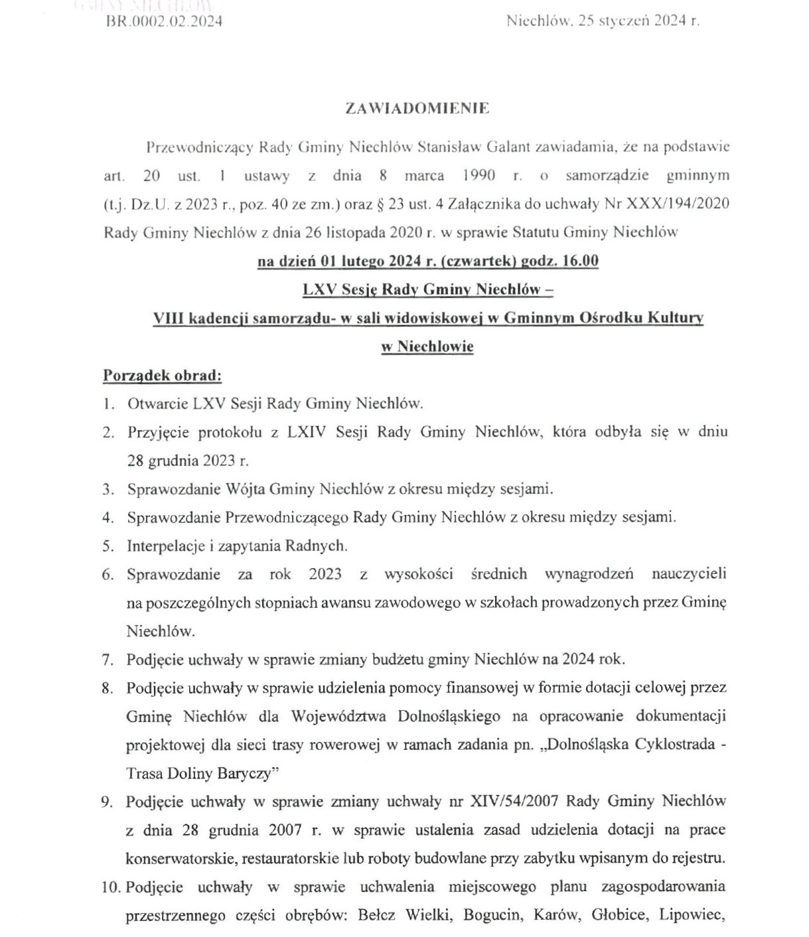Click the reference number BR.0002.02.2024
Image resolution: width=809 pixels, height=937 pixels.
pyautogui.click(x=164, y=21)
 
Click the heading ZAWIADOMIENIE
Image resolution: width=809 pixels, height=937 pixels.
pyautogui.click(x=417, y=109)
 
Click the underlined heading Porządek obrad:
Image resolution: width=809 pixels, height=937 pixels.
pyautogui.click(x=162, y=376)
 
